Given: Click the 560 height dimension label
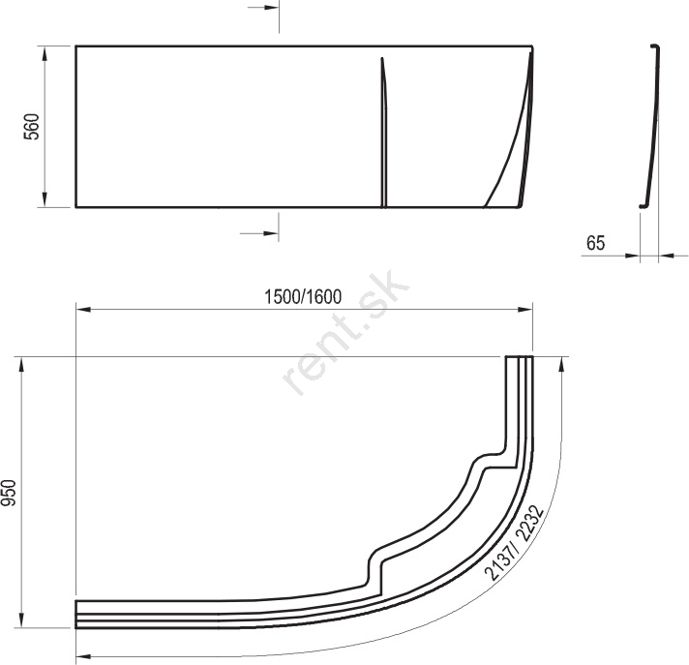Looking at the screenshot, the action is [x=32, y=127].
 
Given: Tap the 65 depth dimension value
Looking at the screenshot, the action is [x=595, y=243].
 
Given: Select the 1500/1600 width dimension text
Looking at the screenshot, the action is [x=303, y=297].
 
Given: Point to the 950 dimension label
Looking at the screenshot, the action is [x=9, y=493].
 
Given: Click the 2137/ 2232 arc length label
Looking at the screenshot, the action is [x=514, y=543].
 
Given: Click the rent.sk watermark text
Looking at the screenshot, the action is [x=346, y=333].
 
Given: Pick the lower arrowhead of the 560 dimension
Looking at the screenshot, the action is [x=45, y=198].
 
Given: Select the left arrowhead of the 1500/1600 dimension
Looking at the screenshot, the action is [x=83, y=310].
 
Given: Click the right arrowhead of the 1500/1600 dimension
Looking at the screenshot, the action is [x=525, y=310].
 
